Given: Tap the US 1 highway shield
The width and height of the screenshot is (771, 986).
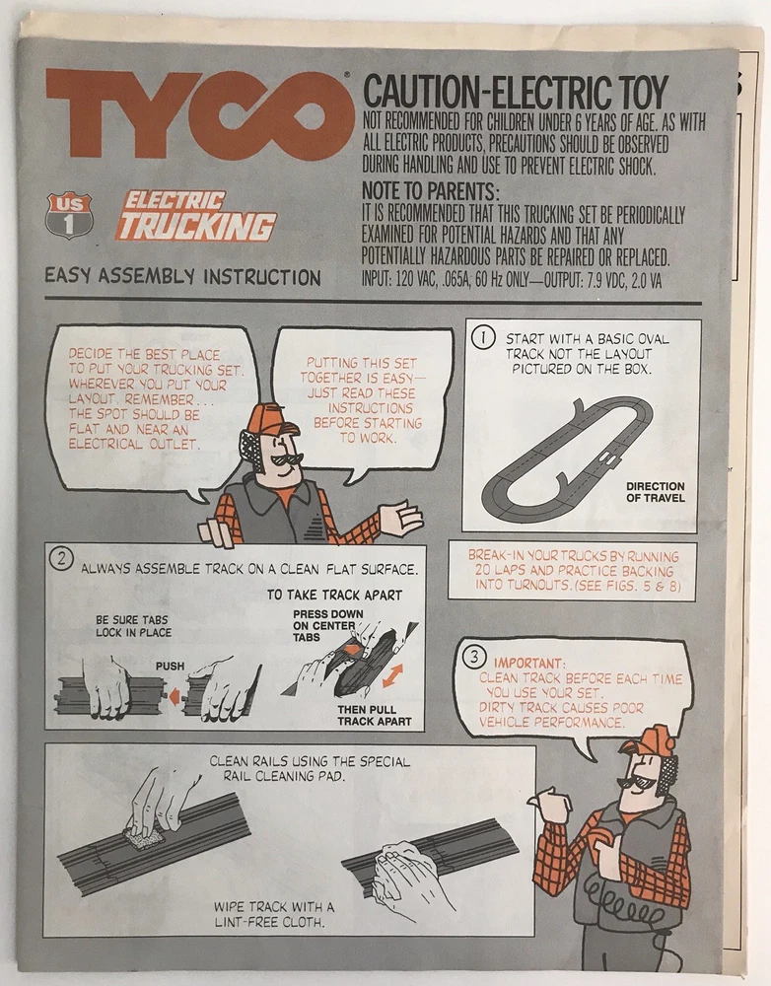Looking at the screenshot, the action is tap(69, 215).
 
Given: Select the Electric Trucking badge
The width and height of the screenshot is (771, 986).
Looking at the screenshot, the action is tap(195, 216).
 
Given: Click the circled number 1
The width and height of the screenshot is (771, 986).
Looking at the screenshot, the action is tap(483, 337).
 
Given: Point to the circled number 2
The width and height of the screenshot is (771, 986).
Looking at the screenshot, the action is tap(61, 558).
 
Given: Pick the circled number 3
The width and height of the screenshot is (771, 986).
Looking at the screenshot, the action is tap(474, 657).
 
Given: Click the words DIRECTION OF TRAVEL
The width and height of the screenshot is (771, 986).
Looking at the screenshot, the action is tap(656, 492).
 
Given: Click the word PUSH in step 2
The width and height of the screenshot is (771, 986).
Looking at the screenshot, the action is tap(170, 666).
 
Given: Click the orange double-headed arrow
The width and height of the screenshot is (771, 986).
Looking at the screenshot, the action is tap(391, 675).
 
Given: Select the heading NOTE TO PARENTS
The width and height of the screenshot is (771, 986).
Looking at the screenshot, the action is tap(431, 190).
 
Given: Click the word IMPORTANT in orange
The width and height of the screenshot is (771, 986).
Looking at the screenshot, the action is tap(528, 664).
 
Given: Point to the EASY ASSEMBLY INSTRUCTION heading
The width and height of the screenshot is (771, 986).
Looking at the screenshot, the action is tap(182, 276).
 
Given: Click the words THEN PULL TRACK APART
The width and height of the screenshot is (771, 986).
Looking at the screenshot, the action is tap(375, 716).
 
